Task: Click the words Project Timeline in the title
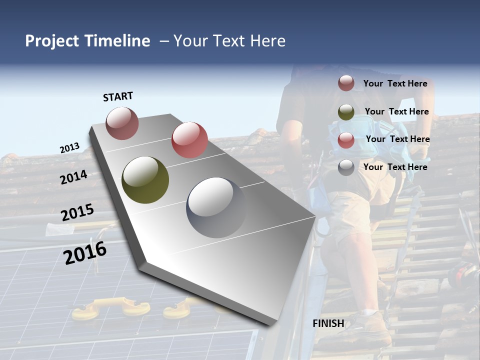[x=87, y=41]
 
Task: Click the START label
[x=118, y=96]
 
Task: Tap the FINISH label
[x=328, y=323]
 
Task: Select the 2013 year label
[x=70, y=148]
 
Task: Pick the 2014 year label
[x=74, y=177]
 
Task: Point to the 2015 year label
[x=77, y=212]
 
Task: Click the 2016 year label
[x=85, y=252]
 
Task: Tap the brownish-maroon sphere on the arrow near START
[x=122, y=123]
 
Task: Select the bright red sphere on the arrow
[x=189, y=139]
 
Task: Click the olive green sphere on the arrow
[x=145, y=180]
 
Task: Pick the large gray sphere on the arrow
[x=216, y=207]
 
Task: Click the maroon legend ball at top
[x=346, y=83]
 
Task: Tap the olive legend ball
[x=346, y=112]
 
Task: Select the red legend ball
[x=346, y=140]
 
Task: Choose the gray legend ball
[x=346, y=168]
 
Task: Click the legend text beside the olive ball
[x=396, y=112]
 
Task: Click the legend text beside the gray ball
[x=395, y=167]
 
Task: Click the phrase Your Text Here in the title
[x=229, y=41]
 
